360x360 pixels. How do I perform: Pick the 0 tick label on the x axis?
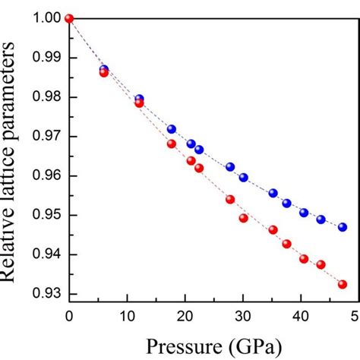click(x=69, y=316)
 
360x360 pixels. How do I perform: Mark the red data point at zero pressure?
click(x=69, y=18)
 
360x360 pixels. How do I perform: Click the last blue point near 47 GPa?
click(x=343, y=227)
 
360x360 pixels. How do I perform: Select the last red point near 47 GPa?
click(x=343, y=284)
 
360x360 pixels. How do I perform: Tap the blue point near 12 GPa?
click(x=139, y=99)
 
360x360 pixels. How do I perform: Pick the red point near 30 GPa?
click(x=244, y=218)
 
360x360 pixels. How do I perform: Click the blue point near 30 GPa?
click(x=244, y=178)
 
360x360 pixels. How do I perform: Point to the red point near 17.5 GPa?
click(x=172, y=144)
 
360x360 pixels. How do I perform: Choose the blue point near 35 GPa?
click(x=273, y=193)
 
